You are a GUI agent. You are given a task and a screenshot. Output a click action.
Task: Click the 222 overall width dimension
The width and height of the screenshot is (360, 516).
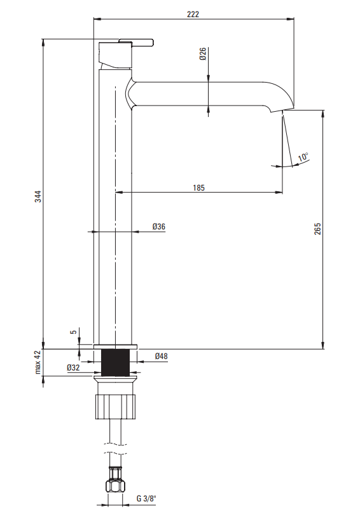(193, 14)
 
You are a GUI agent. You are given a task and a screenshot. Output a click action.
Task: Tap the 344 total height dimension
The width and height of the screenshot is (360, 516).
(39, 196)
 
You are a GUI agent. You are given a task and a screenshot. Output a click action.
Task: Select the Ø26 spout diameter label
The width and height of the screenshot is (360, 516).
(202, 53)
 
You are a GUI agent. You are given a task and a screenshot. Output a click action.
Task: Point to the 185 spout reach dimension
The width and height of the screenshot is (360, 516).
(198, 187)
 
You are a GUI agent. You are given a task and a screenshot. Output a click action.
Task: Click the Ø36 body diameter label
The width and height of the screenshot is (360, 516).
(159, 226)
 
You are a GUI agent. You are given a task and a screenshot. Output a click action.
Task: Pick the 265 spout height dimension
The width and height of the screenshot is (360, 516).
(317, 229)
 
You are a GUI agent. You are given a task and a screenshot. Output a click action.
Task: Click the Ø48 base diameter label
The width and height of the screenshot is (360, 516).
(161, 356)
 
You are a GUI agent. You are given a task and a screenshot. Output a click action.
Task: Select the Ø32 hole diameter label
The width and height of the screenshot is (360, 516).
(73, 367)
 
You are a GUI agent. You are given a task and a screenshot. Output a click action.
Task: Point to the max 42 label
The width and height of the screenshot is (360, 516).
(38, 362)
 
